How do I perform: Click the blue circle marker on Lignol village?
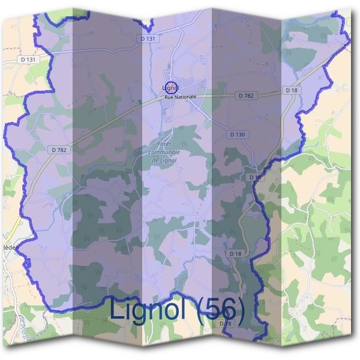[x=170, y=88]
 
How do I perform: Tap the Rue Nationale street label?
[x=180, y=96]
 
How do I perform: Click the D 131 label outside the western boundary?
[x=28, y=60]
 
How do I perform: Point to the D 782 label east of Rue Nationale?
[x=245, y=95]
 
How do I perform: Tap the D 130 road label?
[x=238, y=134]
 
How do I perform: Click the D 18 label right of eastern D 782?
[x=292, y=90]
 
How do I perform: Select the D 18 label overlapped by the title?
[x=225, y=323]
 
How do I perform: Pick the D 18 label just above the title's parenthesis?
[x=236, y=254]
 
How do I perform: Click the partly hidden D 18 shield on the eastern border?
[x=255, y=178]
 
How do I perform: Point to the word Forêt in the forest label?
[x=163, y=145]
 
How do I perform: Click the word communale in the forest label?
[x=164, y=152]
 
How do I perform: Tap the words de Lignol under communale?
[x=163, y=160]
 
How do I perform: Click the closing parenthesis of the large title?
[x=241, y=311]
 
